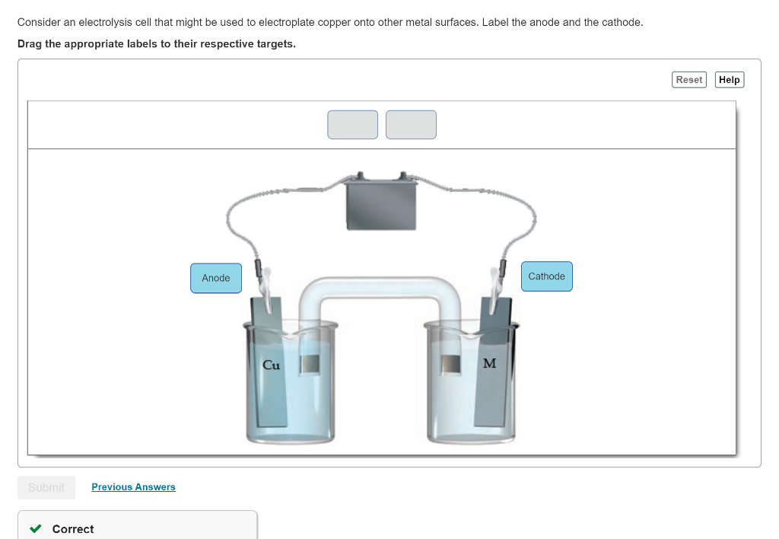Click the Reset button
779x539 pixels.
coord(689,80)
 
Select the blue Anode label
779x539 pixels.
coord(216,278)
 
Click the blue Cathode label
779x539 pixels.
coord(546,276)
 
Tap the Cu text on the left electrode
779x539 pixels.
coord(271,365)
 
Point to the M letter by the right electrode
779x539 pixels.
coord(489,363)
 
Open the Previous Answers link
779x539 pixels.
coord(133,487)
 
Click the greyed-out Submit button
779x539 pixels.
coord(46,487)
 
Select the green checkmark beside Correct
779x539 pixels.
coord(34,529)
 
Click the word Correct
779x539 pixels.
coord(73,529)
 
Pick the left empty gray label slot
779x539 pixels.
coord(352,125)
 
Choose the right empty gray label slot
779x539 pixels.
coord(411,125)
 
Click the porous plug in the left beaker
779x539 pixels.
coord(309,365)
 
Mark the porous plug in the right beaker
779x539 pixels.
coord(451,365)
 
